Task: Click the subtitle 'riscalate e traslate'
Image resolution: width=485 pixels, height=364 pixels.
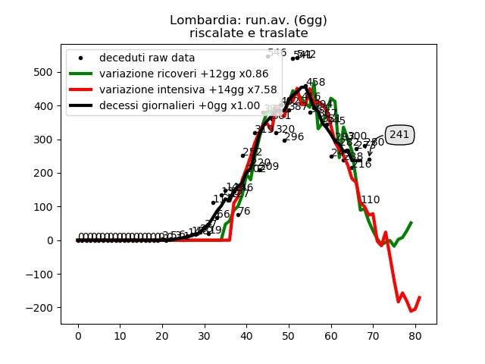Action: (x=242, y=33)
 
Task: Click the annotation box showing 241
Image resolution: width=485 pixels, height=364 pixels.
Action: (x=399, y=135)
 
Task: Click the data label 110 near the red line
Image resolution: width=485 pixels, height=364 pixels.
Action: (x=371, y=200)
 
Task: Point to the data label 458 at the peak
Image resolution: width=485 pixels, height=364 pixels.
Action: (x=316, y=83)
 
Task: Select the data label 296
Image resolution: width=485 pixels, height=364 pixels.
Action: (x=294, y=137)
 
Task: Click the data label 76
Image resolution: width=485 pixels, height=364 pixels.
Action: (x=244, y=212)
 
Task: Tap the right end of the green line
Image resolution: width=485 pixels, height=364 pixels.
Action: (x=411, y=223)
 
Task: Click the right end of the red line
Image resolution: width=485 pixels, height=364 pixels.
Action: (x=419, y=297)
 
